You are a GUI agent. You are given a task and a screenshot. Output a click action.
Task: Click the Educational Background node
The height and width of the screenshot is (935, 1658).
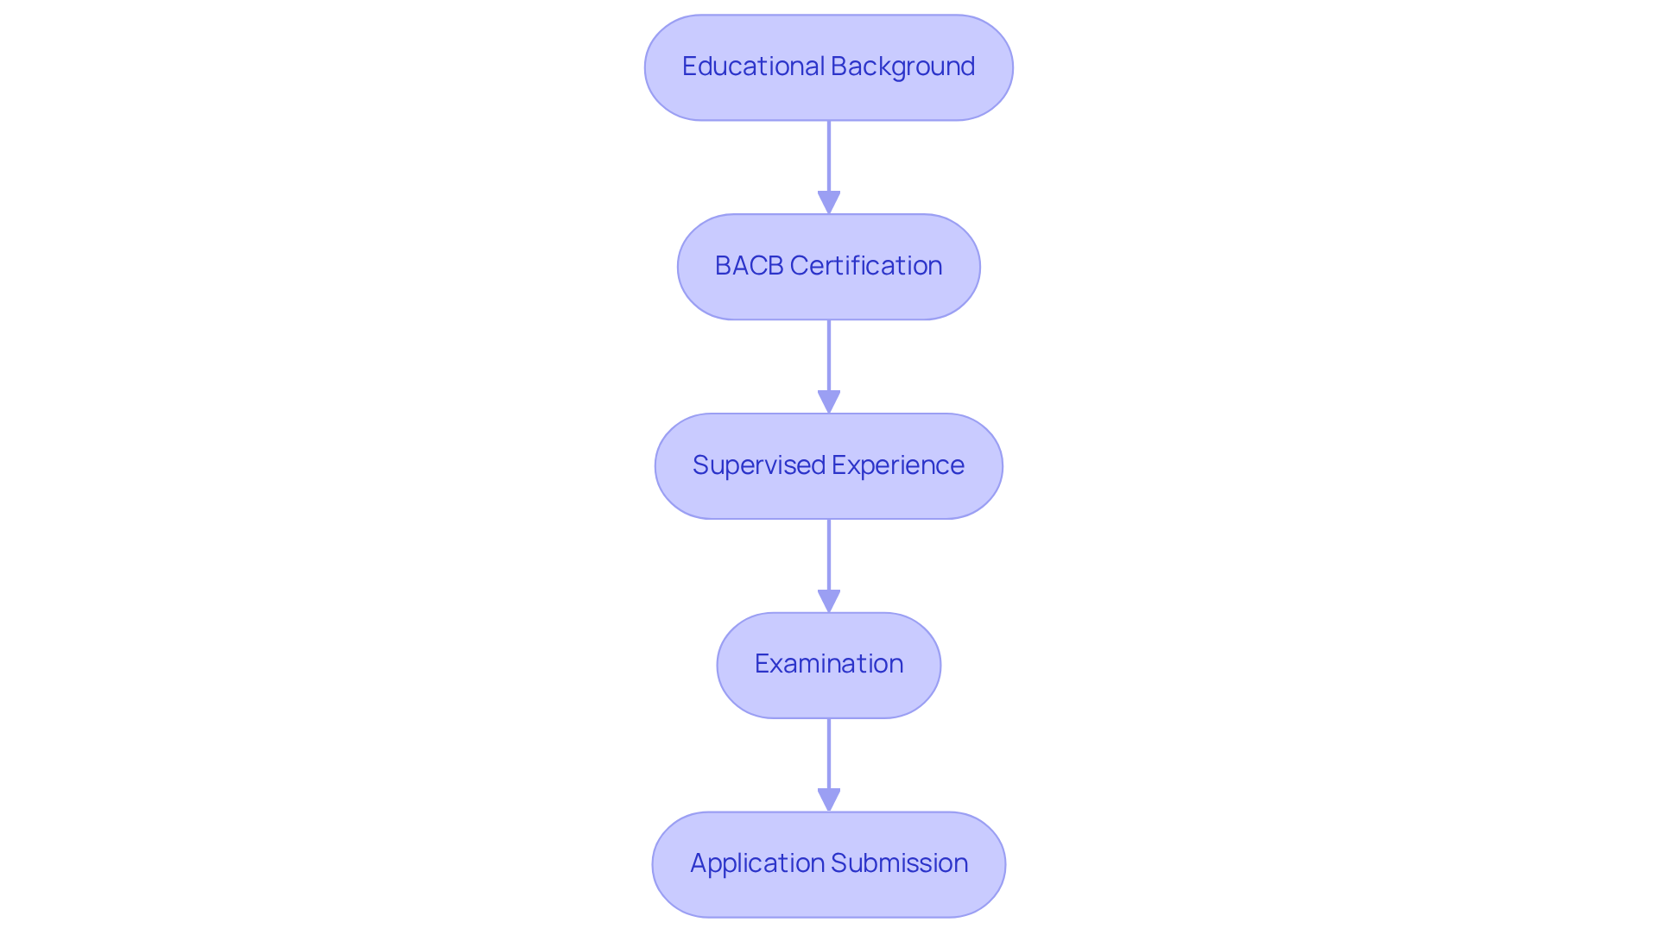click(x=828, y=67)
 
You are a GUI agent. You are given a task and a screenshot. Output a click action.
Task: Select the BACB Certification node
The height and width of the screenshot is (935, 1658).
click(x=828, y=267)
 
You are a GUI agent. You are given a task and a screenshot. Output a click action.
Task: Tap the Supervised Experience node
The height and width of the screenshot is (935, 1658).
click(x=828, y=466)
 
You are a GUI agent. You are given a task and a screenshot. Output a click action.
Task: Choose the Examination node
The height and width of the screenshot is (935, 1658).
click(x=828, y=665)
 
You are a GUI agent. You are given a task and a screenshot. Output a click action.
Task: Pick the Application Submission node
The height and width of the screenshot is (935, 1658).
click(x=828, y=864)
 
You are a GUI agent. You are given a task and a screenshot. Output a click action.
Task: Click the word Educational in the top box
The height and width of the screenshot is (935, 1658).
click(x=753, y=66)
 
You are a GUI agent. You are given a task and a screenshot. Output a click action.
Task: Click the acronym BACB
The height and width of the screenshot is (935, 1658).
click(x=749, y=266)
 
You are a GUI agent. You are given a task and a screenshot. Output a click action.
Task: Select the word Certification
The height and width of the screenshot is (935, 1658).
click(x=866, y=266)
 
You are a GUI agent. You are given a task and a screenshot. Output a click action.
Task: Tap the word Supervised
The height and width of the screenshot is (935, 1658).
click(x=759, y=465)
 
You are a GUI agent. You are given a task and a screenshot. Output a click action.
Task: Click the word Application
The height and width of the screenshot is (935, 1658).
click(x=757, y=863)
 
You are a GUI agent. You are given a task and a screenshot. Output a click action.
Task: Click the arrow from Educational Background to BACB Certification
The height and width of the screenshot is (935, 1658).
click(x=829, y=160)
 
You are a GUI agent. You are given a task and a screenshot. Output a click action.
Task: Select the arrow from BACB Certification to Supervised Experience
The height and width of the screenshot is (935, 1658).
click(x=829, y=358)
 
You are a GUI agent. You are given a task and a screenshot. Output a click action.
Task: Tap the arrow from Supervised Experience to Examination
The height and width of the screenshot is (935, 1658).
click(x=829, y=558)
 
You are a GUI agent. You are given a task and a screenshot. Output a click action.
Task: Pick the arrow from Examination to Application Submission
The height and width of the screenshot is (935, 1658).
click(x=829, y=756)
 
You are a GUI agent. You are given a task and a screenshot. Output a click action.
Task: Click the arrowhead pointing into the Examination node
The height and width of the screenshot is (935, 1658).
click(x=829, y=601)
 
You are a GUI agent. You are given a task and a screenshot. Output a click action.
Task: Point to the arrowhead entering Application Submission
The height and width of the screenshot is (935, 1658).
click(x=829, y=800)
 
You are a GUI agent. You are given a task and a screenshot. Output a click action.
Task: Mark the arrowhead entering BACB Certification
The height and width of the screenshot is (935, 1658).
click(x=829, y=203)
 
